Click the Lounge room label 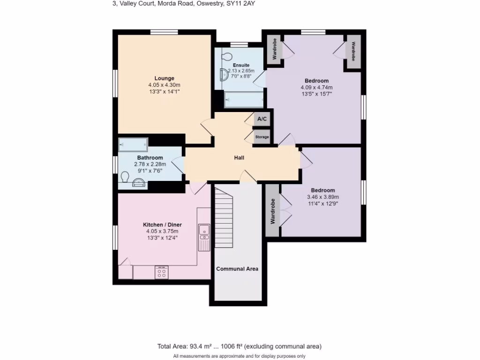click(x=164, y=78)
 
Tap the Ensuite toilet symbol click(x=227, y=56)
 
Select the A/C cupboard click(x=262, y=119)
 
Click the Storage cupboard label click(x=262, y=137)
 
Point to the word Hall click(x=239, y=158)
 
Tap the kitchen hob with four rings click(x=161, y=272)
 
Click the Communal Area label click(x=237, y=269)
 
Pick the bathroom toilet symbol click(x=125, y=177)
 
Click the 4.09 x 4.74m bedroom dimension click(x=316, y=87)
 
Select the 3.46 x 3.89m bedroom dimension click(x=322, y=197)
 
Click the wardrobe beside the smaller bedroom click(x=272, y=210)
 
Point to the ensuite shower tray click(x=244, y=100)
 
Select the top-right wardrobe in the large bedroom click(x=353, y=52)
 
